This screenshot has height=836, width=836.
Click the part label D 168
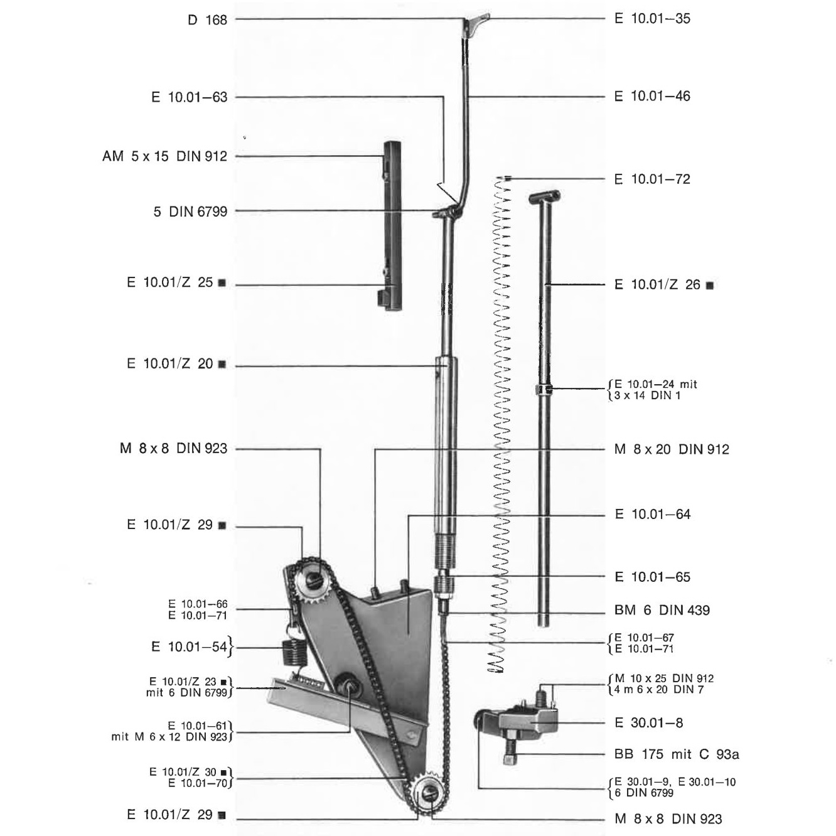(x=207, y=19)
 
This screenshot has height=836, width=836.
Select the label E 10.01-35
(x=652, y=19)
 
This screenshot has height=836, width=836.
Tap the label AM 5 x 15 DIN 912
(x=165, y=156)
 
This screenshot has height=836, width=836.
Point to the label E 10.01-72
(x=652, y=179)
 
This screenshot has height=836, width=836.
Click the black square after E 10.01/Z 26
(x=710, y=285)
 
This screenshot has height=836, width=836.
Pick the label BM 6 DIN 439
(x=662, y=610)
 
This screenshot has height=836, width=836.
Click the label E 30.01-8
(x=648, y=722)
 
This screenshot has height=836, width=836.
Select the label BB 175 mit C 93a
(x=677, y=754)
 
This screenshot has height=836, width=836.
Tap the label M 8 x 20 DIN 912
(x=672, y=449)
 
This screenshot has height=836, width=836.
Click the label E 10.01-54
(x=189, y=646)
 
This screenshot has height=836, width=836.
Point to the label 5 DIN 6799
(x=190, y=212)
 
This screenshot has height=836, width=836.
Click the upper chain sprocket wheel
(x=313, y=579)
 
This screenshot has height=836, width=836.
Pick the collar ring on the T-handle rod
(x=544, y=389)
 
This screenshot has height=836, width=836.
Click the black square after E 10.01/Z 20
(x=222, y=365)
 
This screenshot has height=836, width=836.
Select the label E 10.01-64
(x=653, y=514)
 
